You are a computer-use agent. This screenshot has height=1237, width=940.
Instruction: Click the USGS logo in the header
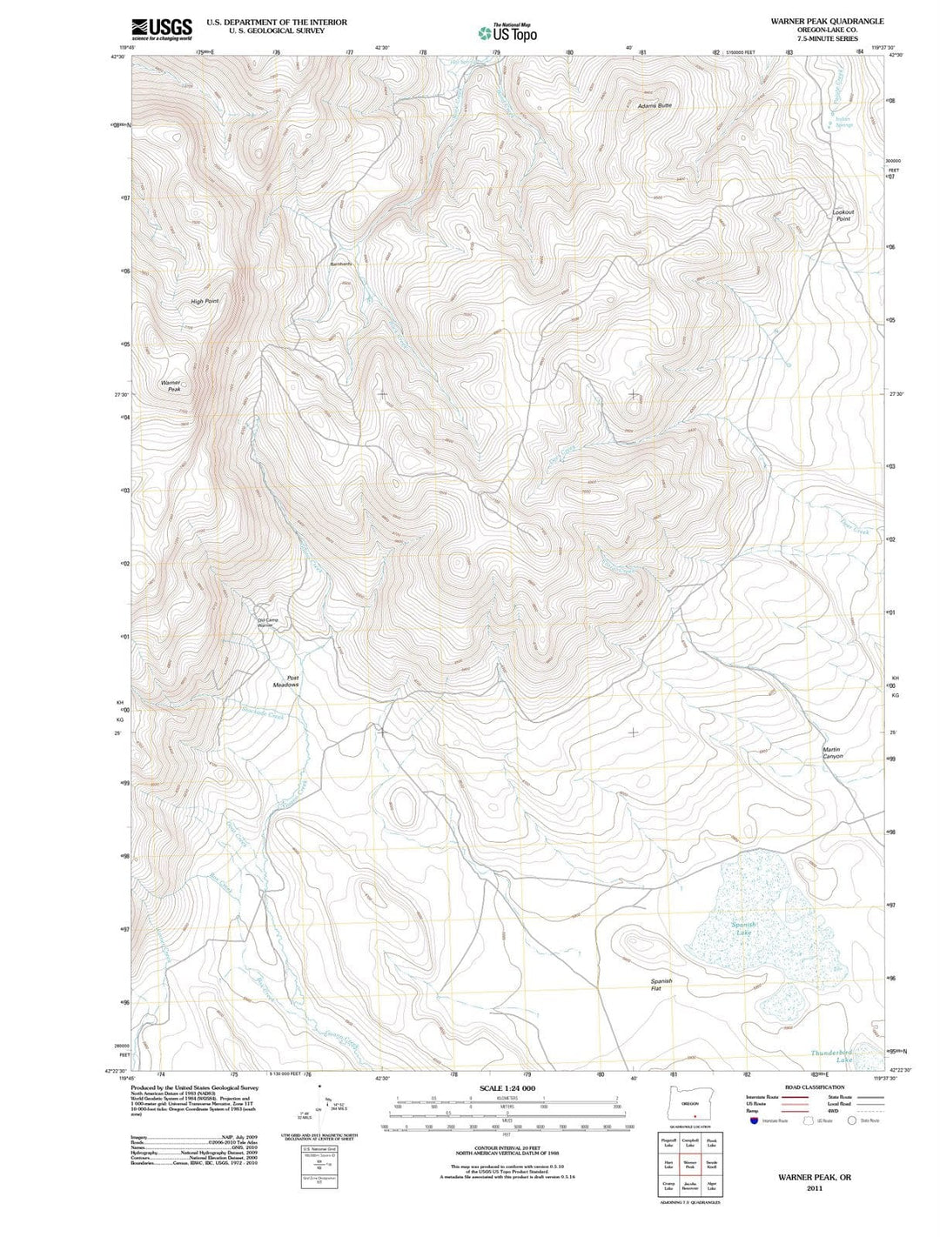(x=161, y=30)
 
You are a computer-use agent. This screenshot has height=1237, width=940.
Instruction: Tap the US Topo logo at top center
(x=507, y=33)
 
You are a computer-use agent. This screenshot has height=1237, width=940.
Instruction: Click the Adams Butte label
(x=655, y=106)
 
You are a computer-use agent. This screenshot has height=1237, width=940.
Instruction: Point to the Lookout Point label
(x=843, y=216)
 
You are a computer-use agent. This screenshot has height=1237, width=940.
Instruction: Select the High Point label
(x=205, y=301)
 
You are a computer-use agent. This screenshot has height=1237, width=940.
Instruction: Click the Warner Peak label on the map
(x=171, y=386)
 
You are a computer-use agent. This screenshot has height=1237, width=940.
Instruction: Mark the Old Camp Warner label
(x=266, y=623)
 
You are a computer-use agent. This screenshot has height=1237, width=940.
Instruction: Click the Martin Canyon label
(x=832, y=752)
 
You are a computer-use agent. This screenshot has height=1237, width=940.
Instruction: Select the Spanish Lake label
(x=743, y=928)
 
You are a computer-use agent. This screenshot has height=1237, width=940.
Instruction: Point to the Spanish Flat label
(x=661, y=985)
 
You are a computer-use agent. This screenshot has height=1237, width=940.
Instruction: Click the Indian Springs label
(x=843, y=122)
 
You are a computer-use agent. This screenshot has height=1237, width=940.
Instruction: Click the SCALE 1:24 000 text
(x=507, y=1088)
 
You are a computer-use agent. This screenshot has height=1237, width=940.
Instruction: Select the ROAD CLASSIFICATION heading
(x=814, y=1087)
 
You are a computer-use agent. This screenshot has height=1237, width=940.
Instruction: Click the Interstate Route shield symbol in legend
(x=754, y=1120)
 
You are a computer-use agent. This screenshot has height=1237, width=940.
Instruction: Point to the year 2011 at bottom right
(x=814, y=1187)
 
